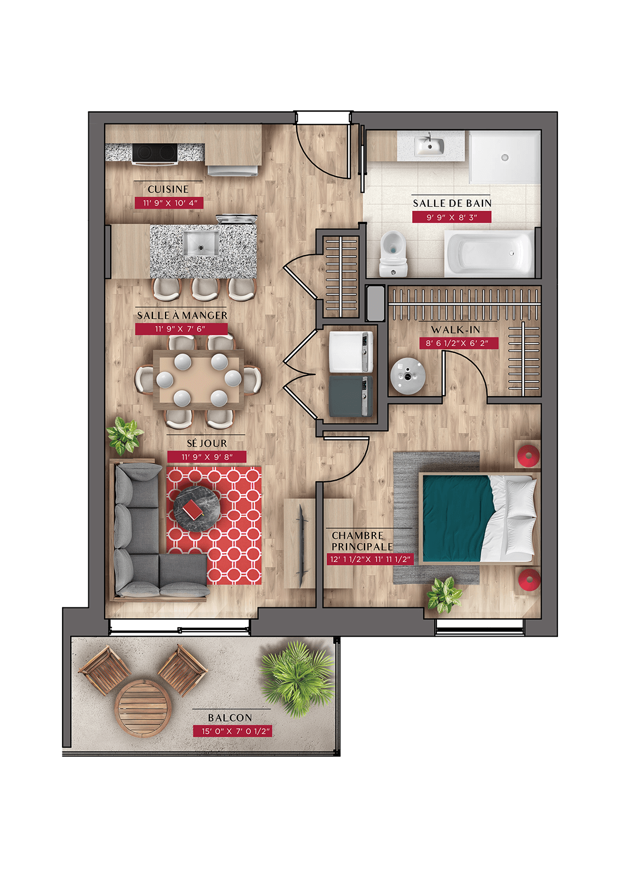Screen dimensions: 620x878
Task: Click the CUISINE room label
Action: pos(168,189)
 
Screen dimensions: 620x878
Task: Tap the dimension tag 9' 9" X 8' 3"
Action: pos(452,217)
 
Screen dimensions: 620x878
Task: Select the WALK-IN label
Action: pos(456,330)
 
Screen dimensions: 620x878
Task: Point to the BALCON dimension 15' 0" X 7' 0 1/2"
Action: pos(232,731)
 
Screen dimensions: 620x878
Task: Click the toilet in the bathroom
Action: pos(393,253)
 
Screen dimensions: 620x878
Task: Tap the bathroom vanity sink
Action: pos(430,146)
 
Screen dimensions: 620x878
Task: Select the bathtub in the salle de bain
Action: pos(489,253)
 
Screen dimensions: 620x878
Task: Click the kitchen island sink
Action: pos(201,244)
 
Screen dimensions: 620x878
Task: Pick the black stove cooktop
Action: pos(155,153)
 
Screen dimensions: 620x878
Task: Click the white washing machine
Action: pos(350,352)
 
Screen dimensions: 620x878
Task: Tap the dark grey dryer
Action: pos(350,396)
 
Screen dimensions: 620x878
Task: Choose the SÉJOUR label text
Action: pos(207,443)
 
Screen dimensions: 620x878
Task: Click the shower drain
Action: pos(505,157)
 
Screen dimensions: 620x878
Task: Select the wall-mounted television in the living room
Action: pos(303,542)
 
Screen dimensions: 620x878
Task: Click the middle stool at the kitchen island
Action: pos(205,290)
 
